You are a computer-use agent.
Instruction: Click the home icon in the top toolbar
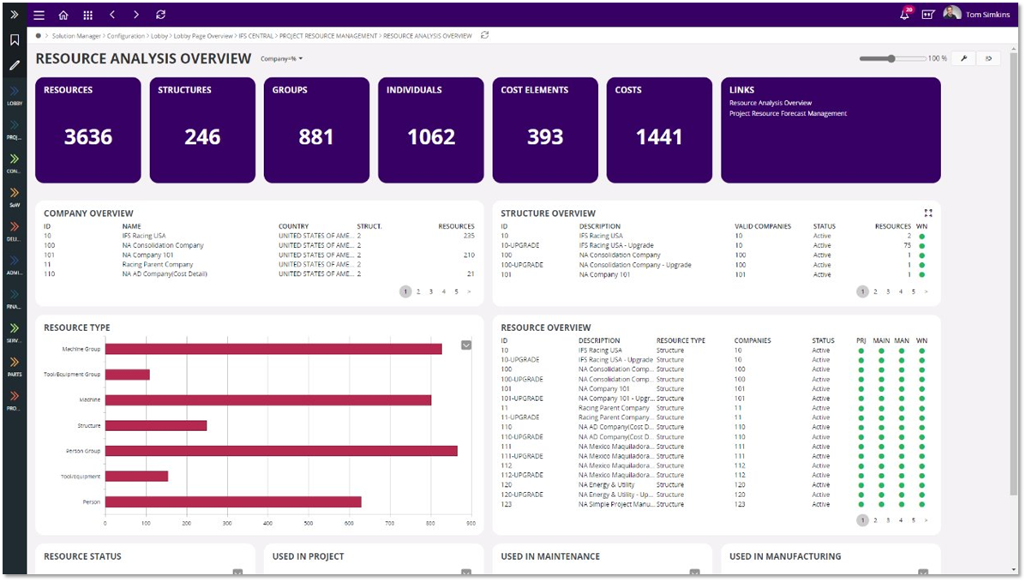coord(63,15)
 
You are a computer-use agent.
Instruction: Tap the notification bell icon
coord(904,15)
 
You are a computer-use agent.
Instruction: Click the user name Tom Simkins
coord(987,15)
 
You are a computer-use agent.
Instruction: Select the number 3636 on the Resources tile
coord(88,137)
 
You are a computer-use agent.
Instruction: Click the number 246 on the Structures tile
coord(202,137)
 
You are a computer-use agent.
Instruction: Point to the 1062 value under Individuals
coord(431,137)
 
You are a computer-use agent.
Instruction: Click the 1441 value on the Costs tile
coord(659,137)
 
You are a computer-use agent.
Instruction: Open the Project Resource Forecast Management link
coord(788,113)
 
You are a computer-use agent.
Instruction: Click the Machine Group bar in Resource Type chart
coord(273,349)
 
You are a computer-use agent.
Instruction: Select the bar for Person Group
coord(281,451)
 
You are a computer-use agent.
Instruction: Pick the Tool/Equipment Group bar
coord(127,375)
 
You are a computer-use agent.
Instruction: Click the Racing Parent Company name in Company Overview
coord(158,265)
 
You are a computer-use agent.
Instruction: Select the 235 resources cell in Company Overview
coord(468,236)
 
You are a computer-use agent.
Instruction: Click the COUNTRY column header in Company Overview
coord(293,226)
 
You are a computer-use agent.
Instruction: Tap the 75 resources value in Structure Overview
coord(907,245)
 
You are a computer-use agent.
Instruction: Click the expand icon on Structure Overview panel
coord(928,213)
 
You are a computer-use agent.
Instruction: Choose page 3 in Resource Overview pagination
coord(888,520)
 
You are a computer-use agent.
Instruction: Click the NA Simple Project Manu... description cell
coord(614,504)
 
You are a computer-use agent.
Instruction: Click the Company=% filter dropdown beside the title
coord(282,59)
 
